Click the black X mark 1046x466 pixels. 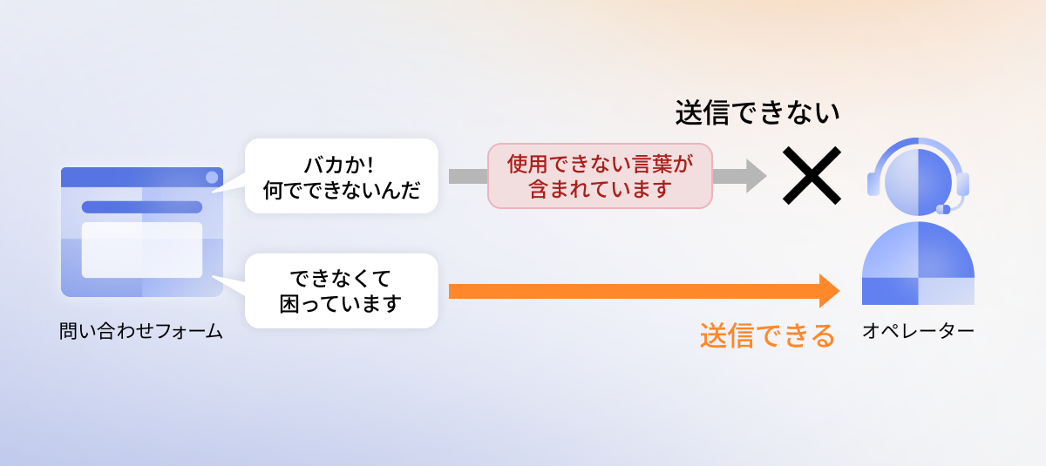pos(812,175)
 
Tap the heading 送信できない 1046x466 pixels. pos(757,113)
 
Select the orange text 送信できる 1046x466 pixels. pos(767,335)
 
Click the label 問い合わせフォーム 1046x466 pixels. pos(141,331)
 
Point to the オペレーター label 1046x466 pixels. pos(918,331)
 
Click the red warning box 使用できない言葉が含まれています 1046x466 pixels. pos(600,176)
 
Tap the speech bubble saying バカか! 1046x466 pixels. pos(342,176)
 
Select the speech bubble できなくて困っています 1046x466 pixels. pos(342,291)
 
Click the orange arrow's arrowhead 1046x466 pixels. pos(830,291)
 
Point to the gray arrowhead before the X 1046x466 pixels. pos(757,176)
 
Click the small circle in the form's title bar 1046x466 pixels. pos(212,178)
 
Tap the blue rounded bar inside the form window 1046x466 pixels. pos(142,207)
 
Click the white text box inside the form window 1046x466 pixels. pos(142,250)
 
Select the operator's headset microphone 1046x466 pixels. pos(943,209)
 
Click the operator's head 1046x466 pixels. pos(918,182)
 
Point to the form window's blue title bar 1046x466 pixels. pos(142,178)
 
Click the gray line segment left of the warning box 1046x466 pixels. pos(468,176)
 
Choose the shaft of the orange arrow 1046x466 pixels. pos(635,291)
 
